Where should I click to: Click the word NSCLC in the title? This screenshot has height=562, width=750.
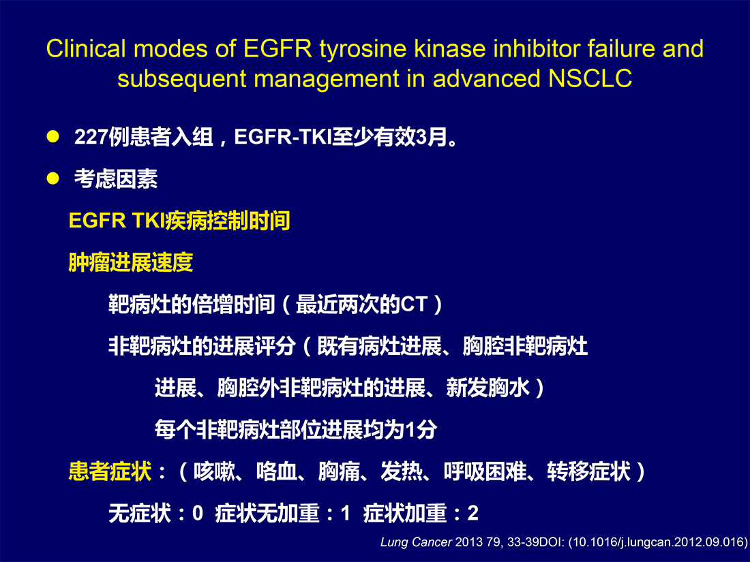(590, 78)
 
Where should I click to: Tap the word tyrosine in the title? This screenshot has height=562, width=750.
(363, 50)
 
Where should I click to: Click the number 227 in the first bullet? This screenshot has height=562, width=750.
(91, 137)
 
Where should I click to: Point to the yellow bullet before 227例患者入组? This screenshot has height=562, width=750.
(52, 137)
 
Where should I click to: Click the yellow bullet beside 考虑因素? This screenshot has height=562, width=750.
(52, 178)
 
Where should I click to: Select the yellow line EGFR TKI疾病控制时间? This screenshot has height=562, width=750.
(179, 221)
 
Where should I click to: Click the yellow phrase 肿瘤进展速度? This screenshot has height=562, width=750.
(131, 262)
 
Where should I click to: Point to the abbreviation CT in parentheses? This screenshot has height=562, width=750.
(413, 305)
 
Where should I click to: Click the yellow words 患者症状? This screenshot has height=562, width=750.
(110, 471)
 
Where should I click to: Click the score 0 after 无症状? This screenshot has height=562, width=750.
(198, 513)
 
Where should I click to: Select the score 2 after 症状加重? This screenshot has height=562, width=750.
(472, 513)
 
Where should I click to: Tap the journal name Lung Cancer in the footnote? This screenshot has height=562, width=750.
(416, 542)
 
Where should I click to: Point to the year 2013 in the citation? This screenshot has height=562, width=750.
(469, 542)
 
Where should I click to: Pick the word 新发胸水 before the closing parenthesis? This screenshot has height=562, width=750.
(488, 388)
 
